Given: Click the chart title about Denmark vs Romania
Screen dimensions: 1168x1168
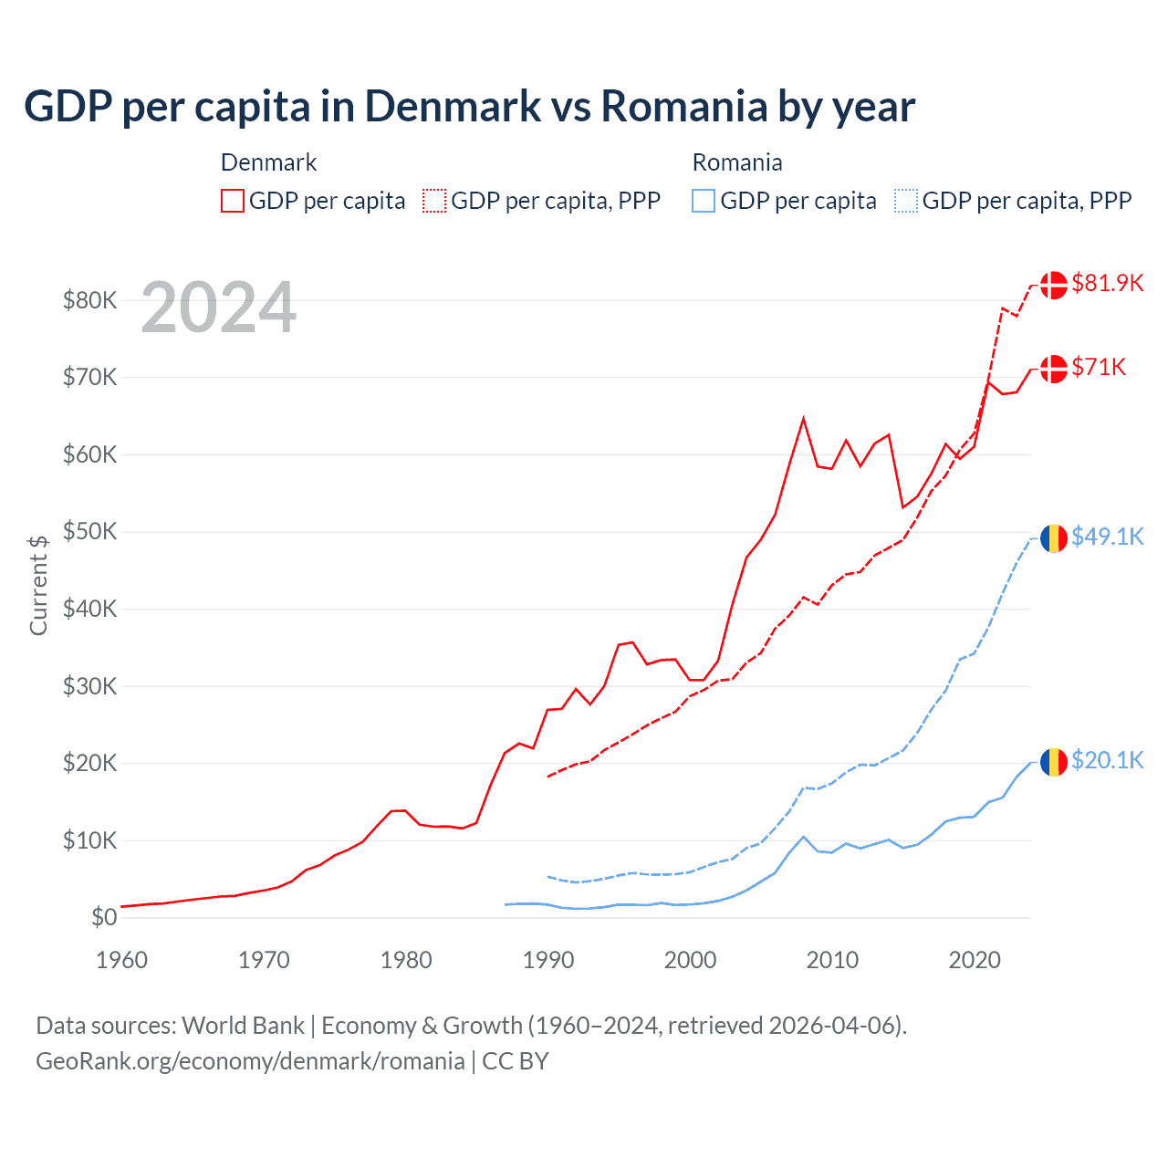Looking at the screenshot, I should [x=469, y=107].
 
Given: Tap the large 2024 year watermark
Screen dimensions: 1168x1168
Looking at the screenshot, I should [x=218, y=308].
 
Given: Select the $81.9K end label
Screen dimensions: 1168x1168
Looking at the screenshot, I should [x=1107, y=283].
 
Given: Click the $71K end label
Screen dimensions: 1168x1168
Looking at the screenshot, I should [x=1099, y=367].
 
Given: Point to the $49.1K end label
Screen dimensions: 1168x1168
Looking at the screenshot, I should [x=1107, y=537].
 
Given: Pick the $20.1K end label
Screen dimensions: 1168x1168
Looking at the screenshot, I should [x=1107, y=760].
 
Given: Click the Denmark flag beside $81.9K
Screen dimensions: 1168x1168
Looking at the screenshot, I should [x=1054, y=285].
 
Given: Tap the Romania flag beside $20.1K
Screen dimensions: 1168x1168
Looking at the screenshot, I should [x=1054, y=761].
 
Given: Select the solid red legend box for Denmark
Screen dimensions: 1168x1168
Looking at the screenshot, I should [x=233, y=201].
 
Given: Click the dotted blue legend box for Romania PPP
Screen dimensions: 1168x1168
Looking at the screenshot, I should [x=906, y=201].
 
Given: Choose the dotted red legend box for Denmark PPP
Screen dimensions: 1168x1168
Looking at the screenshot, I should [x=434, y=201].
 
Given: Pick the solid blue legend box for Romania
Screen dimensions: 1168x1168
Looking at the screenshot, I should [x=704, y=201].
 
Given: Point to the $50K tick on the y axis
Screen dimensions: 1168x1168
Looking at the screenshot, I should [x=89, y=531].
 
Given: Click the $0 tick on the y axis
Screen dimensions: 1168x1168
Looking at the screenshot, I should [x=104, y=917].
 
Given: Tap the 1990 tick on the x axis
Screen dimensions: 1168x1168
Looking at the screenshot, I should [x=548, y=960].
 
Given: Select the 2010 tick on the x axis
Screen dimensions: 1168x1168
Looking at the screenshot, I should [x=832, y=960].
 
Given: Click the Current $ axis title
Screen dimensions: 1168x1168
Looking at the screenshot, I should [x=38, y=585].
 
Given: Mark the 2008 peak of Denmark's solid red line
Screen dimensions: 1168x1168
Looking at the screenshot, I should [x=803, y=419].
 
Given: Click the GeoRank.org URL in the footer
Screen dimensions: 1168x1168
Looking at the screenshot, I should [x=250, y=1061].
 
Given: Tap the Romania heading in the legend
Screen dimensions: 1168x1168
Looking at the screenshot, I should [x=737, y=162].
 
